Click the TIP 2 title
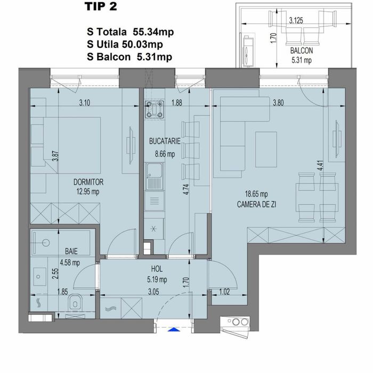(101, 7)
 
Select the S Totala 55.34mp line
(133, 33)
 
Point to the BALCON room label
(302, 51)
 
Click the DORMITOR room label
(88, 182)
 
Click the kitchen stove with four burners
(156, 109)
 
